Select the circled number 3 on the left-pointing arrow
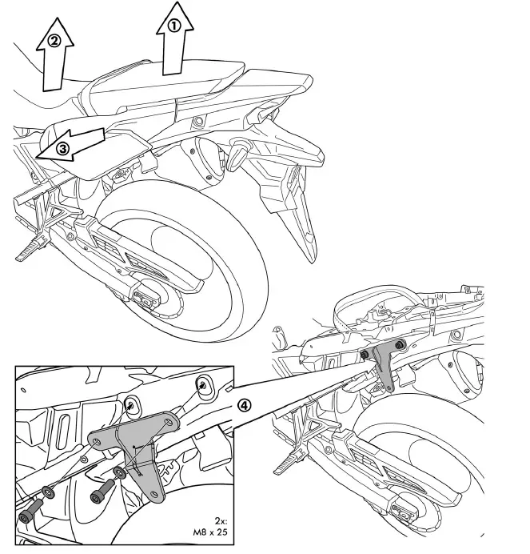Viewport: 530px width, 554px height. coord(62,147)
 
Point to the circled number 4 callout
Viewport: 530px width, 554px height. coord(245,404)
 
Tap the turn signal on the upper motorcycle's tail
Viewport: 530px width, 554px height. coord(237,155)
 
